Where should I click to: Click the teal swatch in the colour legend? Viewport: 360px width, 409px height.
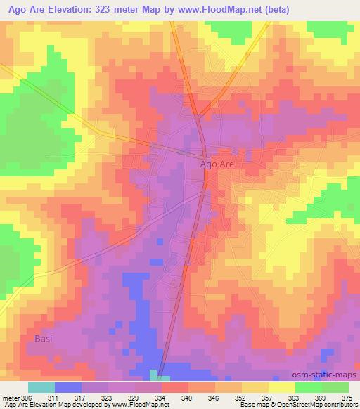coord(41,387)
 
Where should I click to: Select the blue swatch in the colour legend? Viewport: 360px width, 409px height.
coord(67,387)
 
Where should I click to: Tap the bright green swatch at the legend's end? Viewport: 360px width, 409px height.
coord(335,387)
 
